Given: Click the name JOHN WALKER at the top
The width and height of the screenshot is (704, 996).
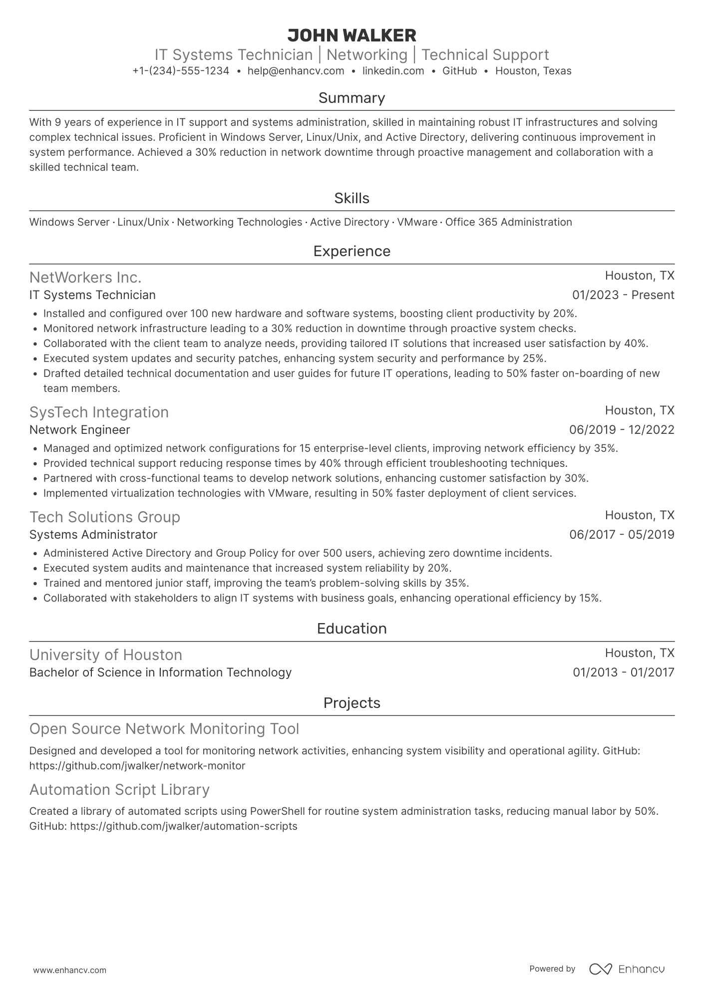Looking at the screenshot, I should pos(352,35).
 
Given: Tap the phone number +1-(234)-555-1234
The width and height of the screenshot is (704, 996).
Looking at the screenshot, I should pos(181,71).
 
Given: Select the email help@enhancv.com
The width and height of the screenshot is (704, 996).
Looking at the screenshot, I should pos(296,71).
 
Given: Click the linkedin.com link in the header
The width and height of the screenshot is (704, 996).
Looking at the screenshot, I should pos(393,71).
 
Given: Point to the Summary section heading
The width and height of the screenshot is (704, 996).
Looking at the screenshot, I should pos(352,98).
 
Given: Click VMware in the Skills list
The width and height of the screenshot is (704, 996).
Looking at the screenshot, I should pos(417,222).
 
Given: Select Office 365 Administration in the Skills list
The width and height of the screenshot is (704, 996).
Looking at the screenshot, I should pos(508,222).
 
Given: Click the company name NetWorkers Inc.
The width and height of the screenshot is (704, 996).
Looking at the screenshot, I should pos(85,277).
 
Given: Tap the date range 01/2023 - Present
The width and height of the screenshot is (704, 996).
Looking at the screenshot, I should pos(623,295).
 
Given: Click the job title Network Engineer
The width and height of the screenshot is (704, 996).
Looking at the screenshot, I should pos(79,430).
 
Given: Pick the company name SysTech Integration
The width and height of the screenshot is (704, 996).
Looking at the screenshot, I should pos(99,412).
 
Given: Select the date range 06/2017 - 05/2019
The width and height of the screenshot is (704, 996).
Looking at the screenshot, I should pos(622,535).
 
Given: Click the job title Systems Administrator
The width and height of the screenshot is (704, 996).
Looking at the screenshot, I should pos(93,535).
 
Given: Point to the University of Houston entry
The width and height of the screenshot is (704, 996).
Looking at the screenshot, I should pos(106,655).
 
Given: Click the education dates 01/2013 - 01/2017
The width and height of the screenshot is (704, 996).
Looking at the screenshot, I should pos(623,672).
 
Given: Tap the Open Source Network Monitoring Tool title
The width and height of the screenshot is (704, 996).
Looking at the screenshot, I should pos(164,729).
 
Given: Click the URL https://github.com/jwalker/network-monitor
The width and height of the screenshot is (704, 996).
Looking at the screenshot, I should pos(137,766).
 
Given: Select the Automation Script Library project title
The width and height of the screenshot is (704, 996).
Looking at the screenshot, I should pos(119,790).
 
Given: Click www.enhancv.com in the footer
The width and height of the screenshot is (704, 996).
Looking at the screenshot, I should pos(70,971).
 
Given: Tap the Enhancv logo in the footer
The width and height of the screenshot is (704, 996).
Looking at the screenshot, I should pos(627,969).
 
